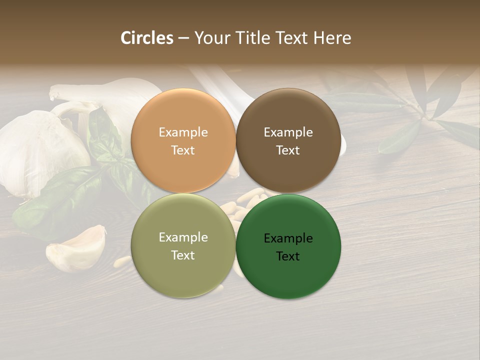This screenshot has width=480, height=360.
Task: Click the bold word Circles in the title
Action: [x=146, y=38]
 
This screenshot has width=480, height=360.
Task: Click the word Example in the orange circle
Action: [x=183, y=132]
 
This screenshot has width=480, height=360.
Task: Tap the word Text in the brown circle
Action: [x=288, y=150]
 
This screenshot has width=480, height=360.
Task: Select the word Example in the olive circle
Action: [x=183, y=237]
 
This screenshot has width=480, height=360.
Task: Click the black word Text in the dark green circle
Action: [x=288, y=256]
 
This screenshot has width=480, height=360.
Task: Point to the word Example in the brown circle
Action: [x=288, y=132]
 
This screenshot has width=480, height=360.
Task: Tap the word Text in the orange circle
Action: [x=183, y=150]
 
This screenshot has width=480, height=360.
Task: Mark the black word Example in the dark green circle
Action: [x=288, y=238]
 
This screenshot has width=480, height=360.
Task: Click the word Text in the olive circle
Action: [x=183, y=255]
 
